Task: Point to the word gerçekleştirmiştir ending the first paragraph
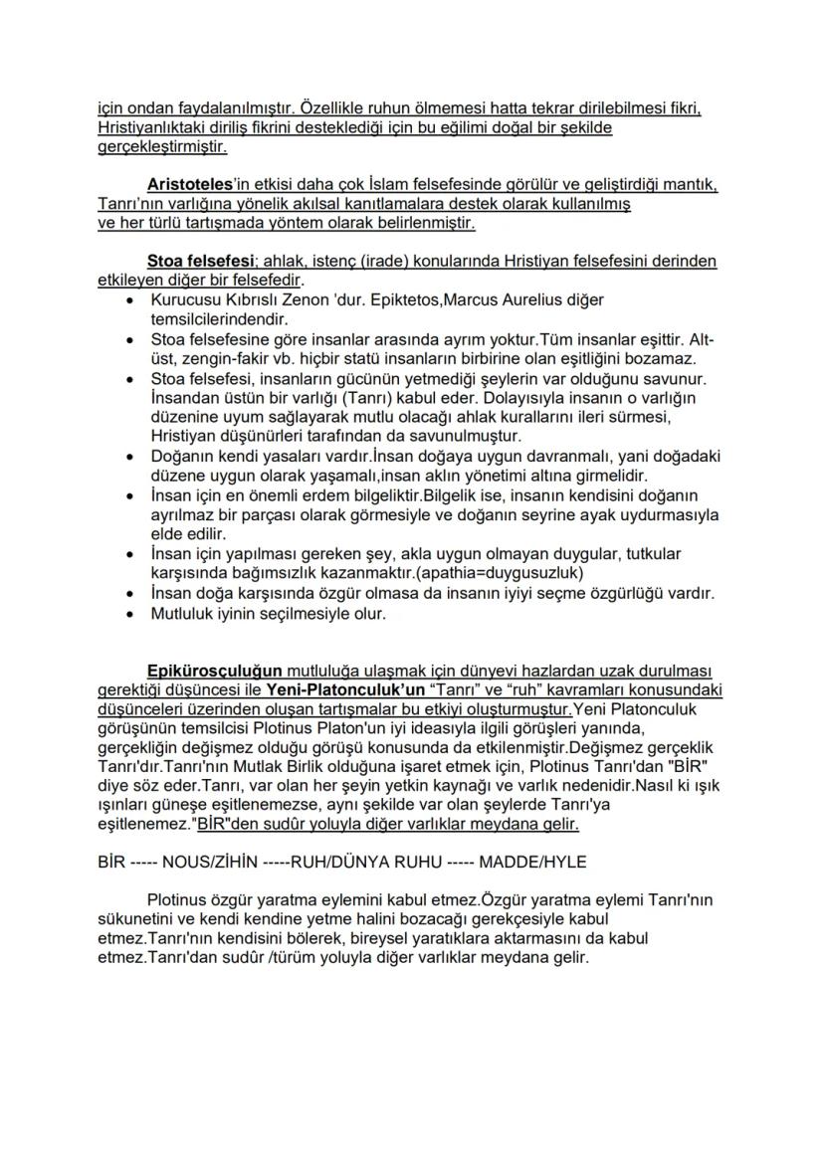(x=162, y=147)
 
